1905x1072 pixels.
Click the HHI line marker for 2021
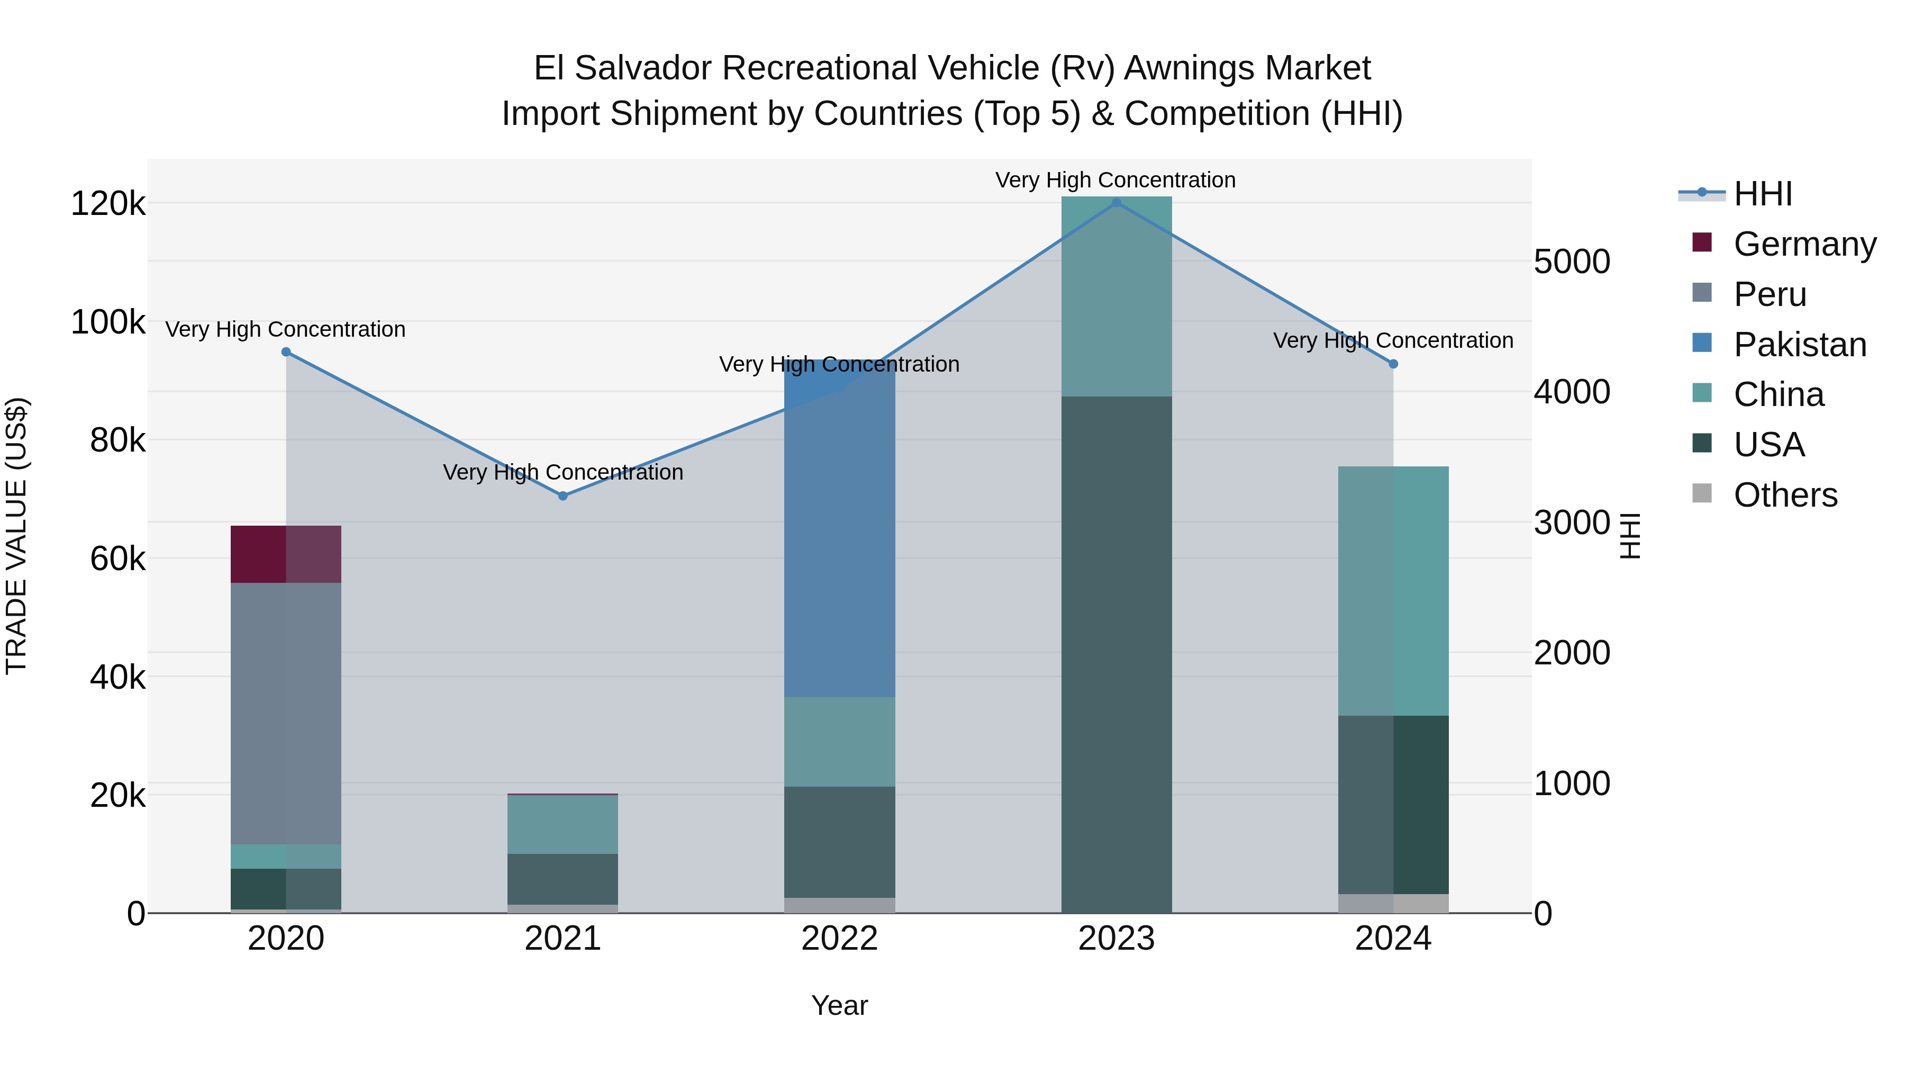[563, 496]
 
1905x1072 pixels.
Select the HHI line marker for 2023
[1117, 203]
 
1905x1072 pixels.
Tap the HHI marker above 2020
[286, 352]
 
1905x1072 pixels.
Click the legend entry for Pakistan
[1799, 345]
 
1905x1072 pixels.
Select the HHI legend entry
[1762, 194]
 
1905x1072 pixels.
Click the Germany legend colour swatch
[1702, 242]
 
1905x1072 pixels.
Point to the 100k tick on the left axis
[108, 322]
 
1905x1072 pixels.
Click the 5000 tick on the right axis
[1572, 262]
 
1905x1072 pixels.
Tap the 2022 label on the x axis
[839, 939]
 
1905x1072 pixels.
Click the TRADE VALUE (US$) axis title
[16, 536]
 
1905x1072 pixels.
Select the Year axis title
[839, 1005]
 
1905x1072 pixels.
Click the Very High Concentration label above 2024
[1393, 340]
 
